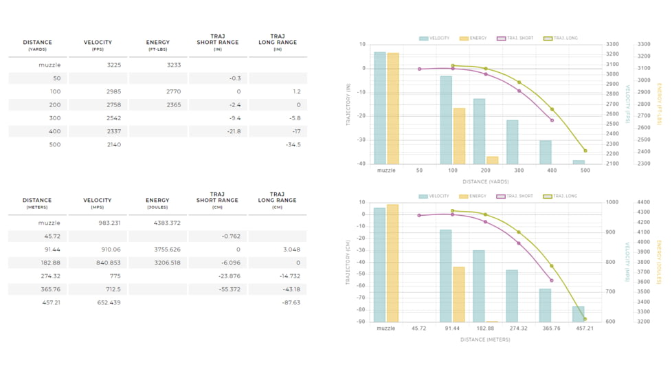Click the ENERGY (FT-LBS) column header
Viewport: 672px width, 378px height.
point(157,45)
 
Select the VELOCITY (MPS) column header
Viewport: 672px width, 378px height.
point(98,203)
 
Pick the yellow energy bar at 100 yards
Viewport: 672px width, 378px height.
point(459,136)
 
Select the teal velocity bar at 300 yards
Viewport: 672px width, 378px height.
point(513,142)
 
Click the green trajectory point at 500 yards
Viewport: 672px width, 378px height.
point(585,151)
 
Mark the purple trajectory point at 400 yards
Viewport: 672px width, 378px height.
point(552,120)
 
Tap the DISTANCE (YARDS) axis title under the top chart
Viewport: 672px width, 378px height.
point(486,182)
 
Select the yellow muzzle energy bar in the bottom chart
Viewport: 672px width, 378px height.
point(392,263)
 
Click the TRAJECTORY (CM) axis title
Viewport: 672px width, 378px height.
point(348,262)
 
